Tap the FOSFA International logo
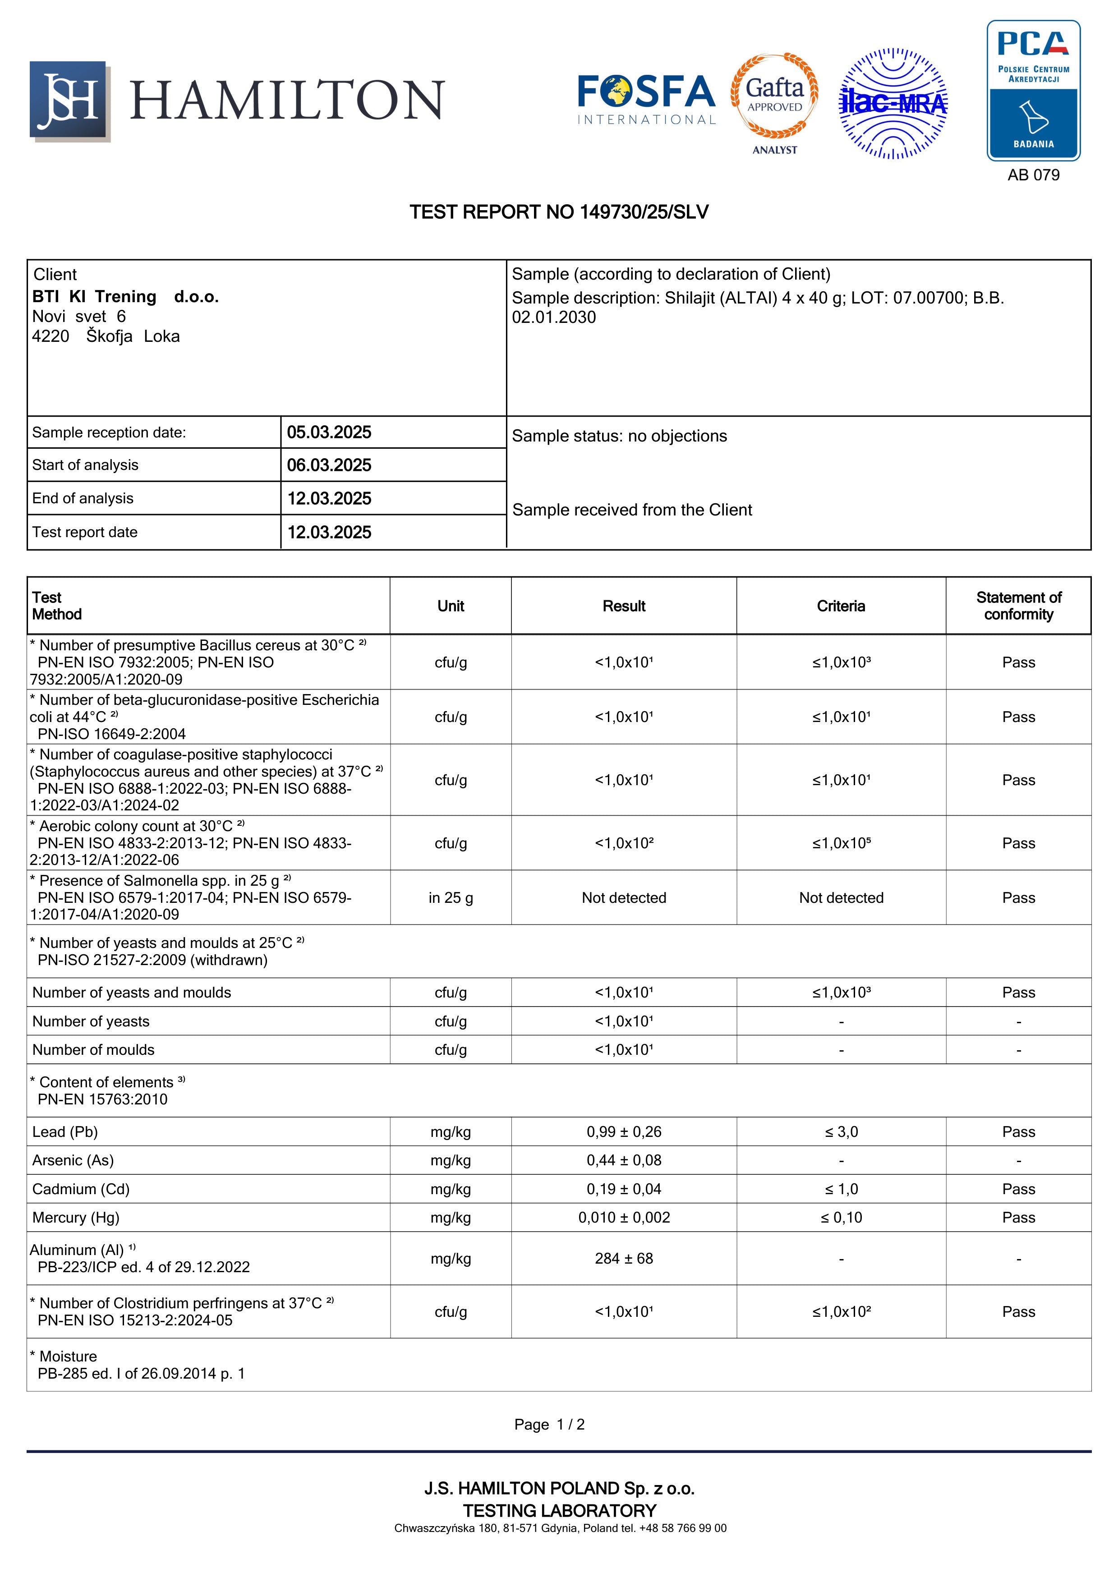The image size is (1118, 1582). pos(646,100)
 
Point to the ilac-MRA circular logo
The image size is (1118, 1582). pos(893,103)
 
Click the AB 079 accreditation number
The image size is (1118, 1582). pos(1033,175)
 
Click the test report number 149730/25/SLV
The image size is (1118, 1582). pos(559,212)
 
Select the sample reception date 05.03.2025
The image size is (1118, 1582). pos(329,433)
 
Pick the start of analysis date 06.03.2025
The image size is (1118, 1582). pos(329,465)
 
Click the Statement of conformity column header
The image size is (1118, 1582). pos(1018,607)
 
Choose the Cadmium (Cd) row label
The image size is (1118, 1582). pos(81,1189)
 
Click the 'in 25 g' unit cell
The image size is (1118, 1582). pos(451,898)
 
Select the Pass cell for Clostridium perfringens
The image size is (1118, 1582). pos(1018,1312)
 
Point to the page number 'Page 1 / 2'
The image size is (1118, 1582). pos(549,1424)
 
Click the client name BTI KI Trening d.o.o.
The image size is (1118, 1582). pos(125,297)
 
